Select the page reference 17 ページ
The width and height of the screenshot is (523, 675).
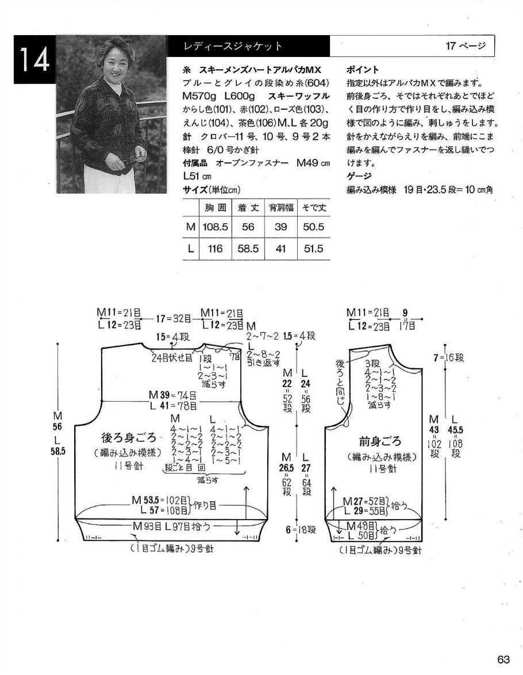tap(465, 46)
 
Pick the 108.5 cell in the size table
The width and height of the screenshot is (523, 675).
tap(215, 227)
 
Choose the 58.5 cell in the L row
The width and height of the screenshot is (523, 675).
tap(248, 249)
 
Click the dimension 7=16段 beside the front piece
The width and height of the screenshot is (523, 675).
tap(449, 358)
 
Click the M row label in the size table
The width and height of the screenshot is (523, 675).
tap(190, 227)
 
